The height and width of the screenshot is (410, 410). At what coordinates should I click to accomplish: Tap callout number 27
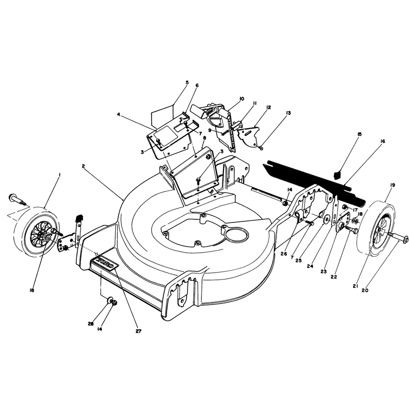click(138, 331)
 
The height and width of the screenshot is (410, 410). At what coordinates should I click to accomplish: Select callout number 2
click(83, 166)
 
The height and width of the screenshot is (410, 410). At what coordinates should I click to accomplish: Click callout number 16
click(382, 141)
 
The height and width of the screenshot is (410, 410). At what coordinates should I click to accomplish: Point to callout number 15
click(359, 134)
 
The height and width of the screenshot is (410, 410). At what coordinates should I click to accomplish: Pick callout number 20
click(365, 290)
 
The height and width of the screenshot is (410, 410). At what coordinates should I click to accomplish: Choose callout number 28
click(91, 324)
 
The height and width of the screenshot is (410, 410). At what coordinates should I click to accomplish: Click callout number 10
click(241, 98)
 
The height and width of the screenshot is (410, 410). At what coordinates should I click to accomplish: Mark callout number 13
click(288, 113)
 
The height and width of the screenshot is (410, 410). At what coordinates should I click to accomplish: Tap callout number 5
click(187, 83)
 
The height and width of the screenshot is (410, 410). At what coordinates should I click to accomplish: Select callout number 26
click(284, 254)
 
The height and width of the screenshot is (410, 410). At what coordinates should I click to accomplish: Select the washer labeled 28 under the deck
click(110, 300)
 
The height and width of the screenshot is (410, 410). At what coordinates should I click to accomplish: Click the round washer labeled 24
click(326, 219)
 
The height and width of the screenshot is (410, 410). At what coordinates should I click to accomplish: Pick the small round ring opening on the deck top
click(237, 234)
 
